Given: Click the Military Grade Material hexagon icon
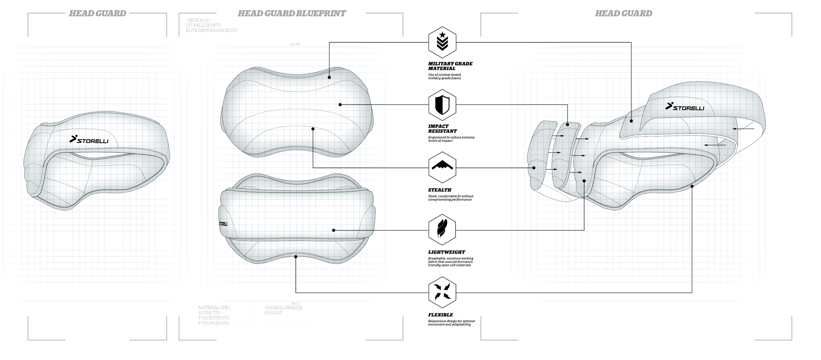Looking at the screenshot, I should pos(442,42).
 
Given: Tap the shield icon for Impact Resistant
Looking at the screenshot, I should pos(442,105).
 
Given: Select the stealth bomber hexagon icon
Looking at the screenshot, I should pos(442,168).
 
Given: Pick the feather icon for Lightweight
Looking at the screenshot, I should pos(442,230).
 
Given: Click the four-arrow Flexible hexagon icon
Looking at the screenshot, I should pos(442,292).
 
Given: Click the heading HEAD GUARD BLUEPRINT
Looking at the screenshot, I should pos(292,13).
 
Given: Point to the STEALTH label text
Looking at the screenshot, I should pos(439,190).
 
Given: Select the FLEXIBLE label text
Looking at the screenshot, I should pos(440,315).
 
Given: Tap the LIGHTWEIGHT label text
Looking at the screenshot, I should pos(446,252).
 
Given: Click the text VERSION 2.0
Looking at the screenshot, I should pos(198,20).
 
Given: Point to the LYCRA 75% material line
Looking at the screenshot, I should pos(209,313).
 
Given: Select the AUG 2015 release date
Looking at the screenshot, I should pos(273,313).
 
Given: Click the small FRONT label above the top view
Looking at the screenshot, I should pos(295,45).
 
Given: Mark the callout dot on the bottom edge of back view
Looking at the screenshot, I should pos(296,257).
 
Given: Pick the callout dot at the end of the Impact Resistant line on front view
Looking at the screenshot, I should pos(340,104).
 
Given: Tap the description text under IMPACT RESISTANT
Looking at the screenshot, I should pos(451,139).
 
